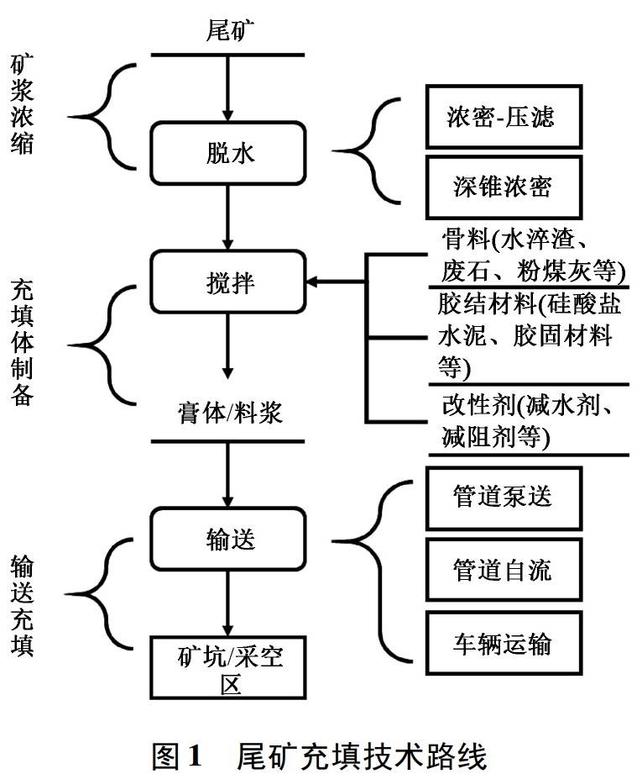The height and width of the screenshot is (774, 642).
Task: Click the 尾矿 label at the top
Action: click(x=230, y=30)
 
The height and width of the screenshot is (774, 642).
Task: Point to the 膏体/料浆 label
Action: click(x=229, y=413)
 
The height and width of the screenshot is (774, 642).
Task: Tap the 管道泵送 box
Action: click(x=502, y=496)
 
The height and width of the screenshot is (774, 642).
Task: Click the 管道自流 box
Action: click(x=502, y=570)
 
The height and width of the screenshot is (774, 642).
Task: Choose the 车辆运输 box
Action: click(x=502, y=644)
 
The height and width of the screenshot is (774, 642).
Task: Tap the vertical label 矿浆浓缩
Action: click(x=23, y=105)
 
